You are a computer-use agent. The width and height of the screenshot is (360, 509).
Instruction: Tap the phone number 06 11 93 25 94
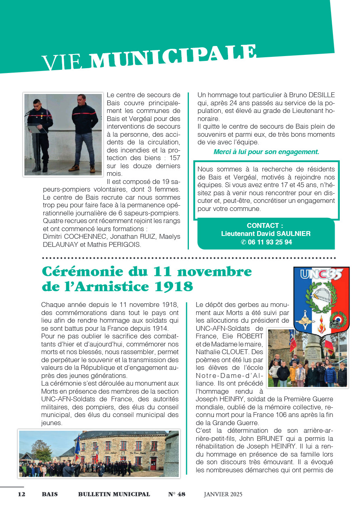[270, 242]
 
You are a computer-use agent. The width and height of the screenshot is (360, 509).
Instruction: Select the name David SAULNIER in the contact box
[285, 234]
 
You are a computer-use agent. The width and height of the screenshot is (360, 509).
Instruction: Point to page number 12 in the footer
[21, 494]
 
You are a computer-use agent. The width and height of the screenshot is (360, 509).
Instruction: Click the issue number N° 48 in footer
[177, 494]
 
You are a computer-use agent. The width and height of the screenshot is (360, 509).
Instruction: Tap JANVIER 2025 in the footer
[223, 494]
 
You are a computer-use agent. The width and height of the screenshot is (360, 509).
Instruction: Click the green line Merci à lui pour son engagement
[266, 152]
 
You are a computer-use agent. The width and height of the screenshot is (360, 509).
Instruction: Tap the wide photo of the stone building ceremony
[99, 453]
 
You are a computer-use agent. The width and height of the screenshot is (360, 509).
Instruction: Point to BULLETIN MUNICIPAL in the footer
[114, 494]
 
